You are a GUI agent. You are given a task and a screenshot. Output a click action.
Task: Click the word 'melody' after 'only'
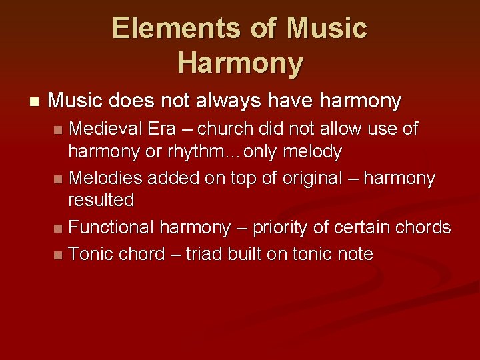pyautogui.click(x=312, y=153)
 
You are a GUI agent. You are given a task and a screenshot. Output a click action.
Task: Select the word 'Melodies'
pyautogui.click(x=107, y=178)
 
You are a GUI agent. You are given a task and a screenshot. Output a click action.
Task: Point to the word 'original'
pyautogui.click(x=313, y=178)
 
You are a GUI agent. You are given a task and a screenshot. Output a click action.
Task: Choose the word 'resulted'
pyautogui.click(x=101, y=200)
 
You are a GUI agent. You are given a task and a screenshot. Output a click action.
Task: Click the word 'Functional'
pyautogui.click(x=111, y=227)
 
